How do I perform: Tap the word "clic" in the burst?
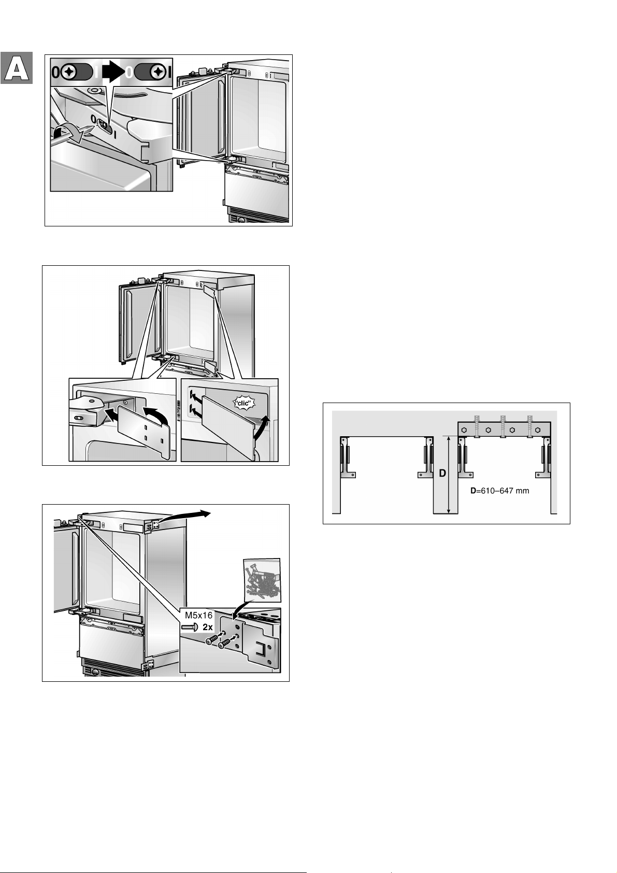pyautogui.click(x=243, y=403)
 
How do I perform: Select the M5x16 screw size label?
pyautogui.click(x=198, y=616)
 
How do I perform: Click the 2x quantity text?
pyautogui.click(x=207, y=627)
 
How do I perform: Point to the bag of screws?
pyautogui.click(x=262, y=580)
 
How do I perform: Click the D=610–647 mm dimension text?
pyautogui.click(x=500, y=491)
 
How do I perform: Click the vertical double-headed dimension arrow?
pyautogui.click(x=449, y=474)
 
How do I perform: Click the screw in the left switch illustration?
pyautogui.click(x=69, y=71)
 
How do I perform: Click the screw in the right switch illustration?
pyautogui.click(x=158, y=71)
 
